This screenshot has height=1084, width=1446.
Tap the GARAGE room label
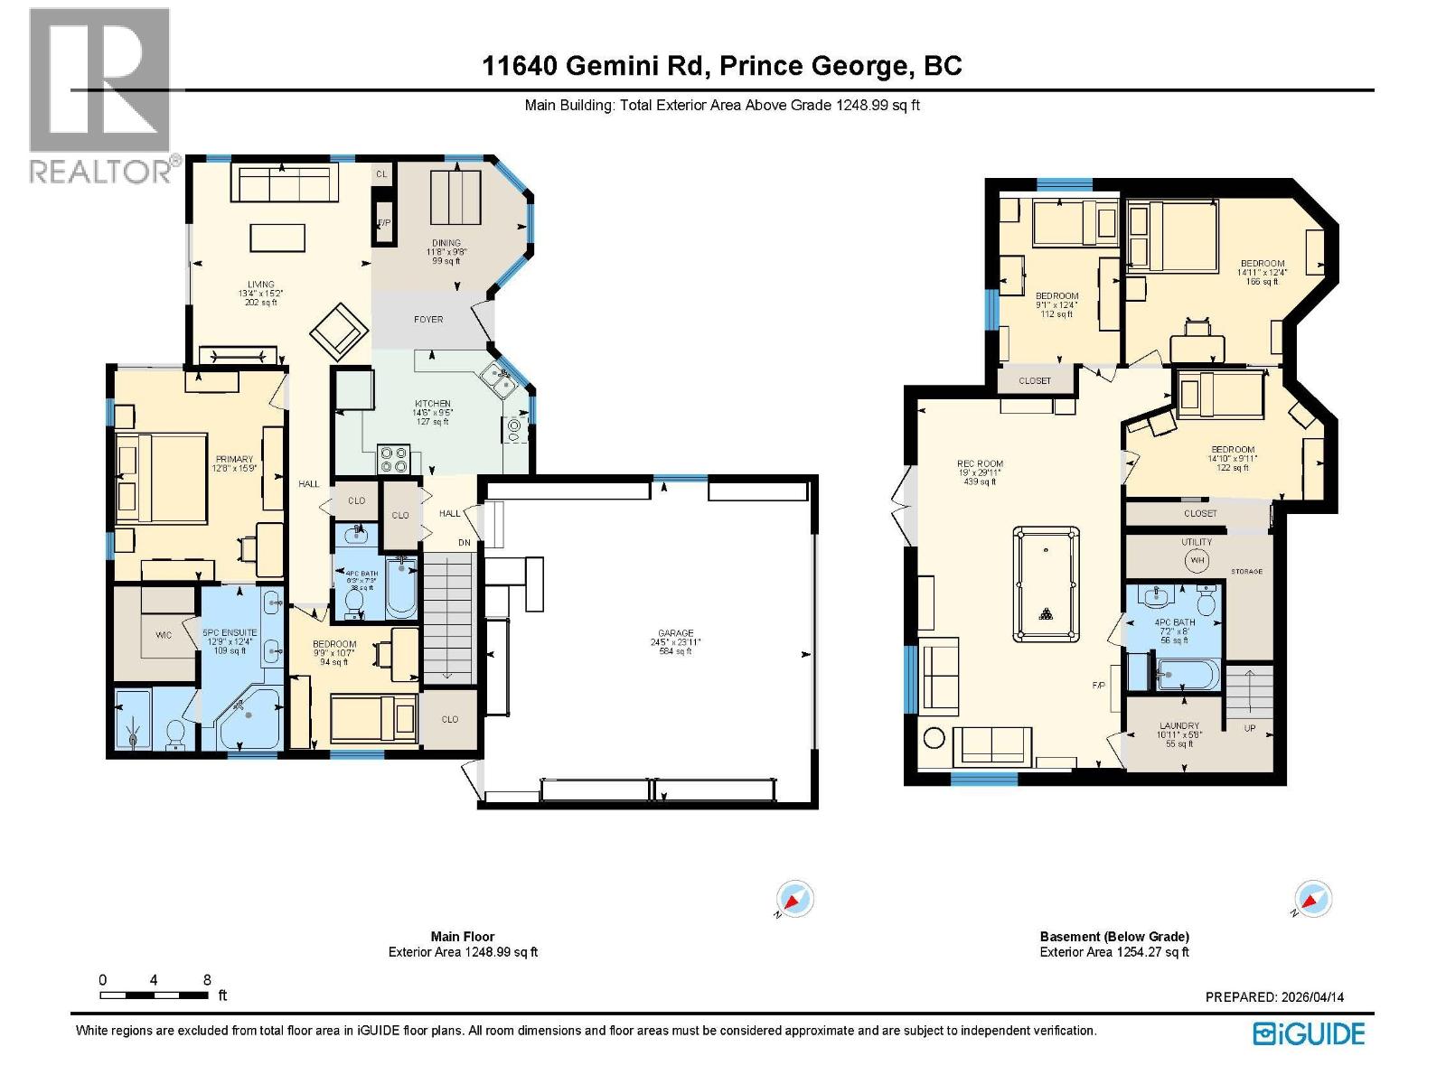point(675,633)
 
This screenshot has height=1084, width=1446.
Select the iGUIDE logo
point(1309,1033)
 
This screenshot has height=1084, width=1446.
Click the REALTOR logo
point(99,95)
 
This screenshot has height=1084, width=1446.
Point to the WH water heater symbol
point(1197,560)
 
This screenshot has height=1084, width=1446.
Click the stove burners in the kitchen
point(394,460)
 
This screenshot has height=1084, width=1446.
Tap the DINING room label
point(446,243)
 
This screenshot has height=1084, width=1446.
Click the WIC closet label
point(164,635)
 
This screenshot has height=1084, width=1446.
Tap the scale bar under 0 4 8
point(154,995)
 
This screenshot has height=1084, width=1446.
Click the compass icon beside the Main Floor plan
point(794,900)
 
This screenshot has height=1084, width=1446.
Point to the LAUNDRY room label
point(1179,725)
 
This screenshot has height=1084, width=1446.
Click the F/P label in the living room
point(384,222)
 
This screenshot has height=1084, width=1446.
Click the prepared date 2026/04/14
point(1312,997)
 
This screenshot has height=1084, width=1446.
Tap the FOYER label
point(428,319)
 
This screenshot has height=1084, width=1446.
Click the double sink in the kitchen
point(497,381)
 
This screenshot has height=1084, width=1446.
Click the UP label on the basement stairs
point(1250,727)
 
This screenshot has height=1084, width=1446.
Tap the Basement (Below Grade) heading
point(1114,937)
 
